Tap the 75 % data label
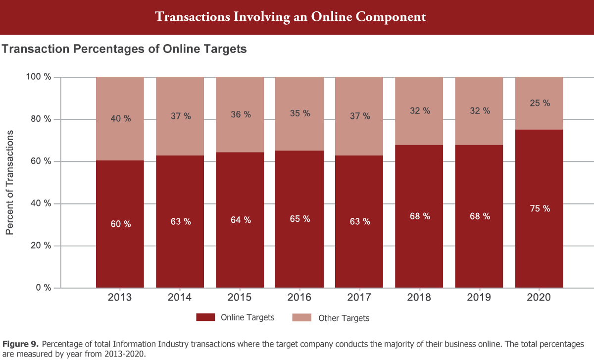coord(540,208)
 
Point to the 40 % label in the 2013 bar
coord(120,119)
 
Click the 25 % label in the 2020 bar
coord(540,103)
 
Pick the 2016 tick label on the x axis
coord(299,298)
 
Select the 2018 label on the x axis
coord(419,298)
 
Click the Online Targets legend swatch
coord(205,317)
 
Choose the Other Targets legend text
coord(344,318)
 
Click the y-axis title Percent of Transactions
coord(10,182)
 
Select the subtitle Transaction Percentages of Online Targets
coord(124,49)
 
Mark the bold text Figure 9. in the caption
coord(21,344)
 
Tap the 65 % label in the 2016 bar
coord(299,218)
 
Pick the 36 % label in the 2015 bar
coord(240,114)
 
